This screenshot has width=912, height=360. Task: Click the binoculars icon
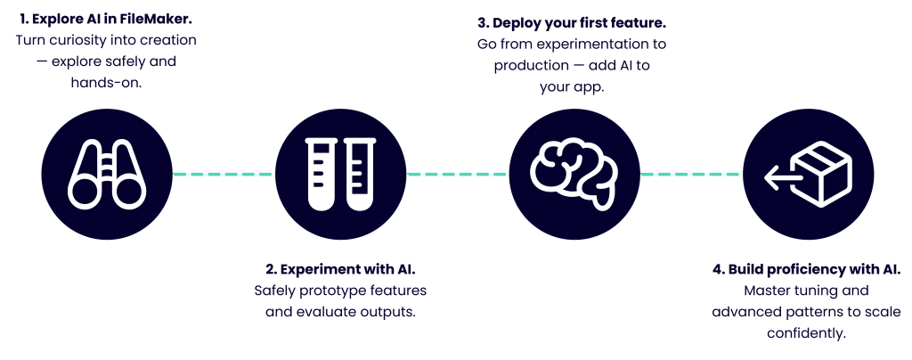[x=106, y=174]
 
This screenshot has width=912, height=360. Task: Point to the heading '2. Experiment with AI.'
[x=341, y=269]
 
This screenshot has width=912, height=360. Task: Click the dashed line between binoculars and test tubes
[x=222, y=174]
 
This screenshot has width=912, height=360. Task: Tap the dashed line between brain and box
[x=690, y=173]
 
